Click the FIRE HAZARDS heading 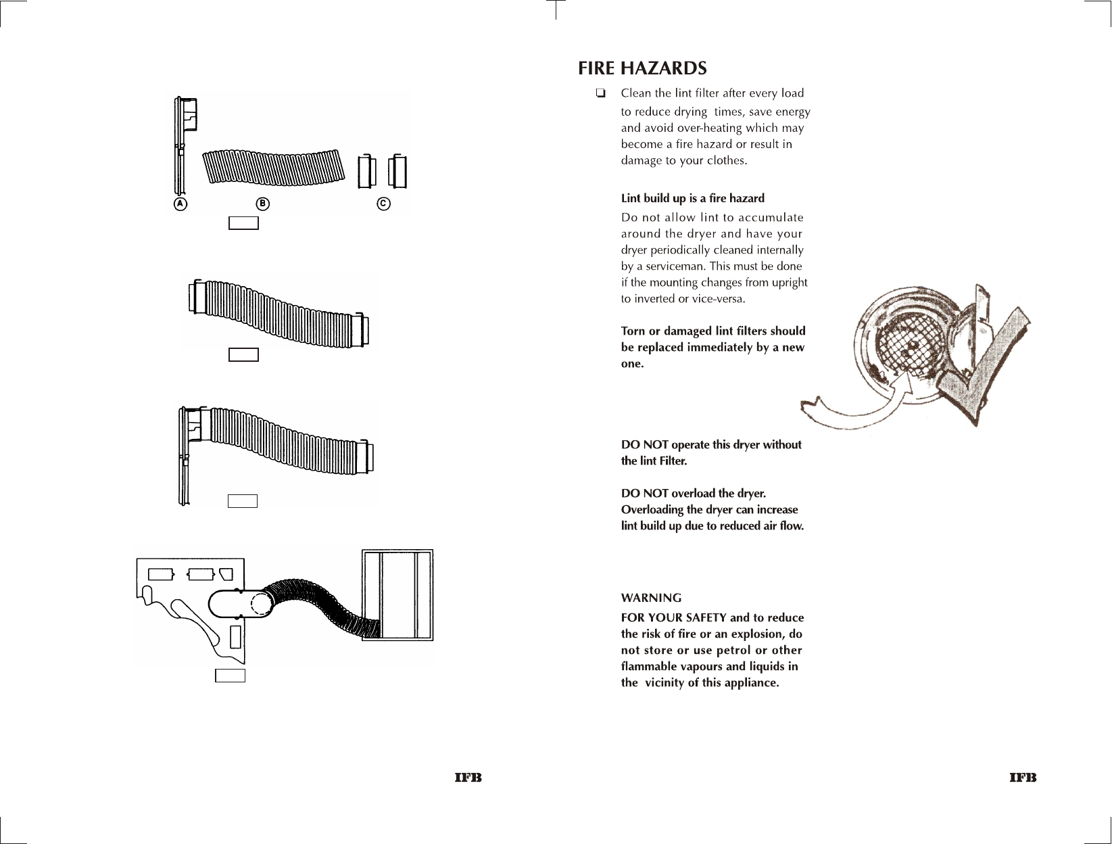[642, 69]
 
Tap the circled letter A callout [180, 204]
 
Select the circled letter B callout [262, 204]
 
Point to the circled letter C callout [383, 204]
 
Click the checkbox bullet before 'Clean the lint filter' [600, 93]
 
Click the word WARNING [651, 598]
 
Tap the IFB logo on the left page [468, 778]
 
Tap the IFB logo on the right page [1023, 778]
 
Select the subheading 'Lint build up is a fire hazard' [692, 198]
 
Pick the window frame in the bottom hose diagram [397, 595]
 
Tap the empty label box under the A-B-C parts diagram [243, 222]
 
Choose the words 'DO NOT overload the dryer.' [693, 494]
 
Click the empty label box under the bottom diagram [230, 675]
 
